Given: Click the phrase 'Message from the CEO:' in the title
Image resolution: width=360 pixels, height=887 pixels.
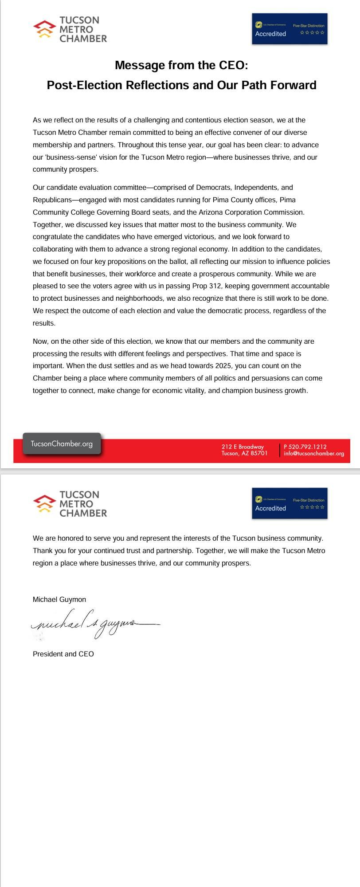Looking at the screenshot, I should tap(181, 65).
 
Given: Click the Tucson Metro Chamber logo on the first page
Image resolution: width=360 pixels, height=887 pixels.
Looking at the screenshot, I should tap(70, 29).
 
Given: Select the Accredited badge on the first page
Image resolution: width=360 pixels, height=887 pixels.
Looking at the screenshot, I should tap(290, 29).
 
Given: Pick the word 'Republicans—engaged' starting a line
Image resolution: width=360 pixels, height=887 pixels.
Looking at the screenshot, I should tap(66, 200).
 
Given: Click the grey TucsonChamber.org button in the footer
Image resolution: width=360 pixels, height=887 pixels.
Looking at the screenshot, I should tap(62, 443).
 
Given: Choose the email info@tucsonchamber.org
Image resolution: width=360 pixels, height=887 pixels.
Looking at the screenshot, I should tap(314, 454).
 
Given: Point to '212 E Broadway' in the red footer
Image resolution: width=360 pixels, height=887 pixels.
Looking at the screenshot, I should tap(243, 447).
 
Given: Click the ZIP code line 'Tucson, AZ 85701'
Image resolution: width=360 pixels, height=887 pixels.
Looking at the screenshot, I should tap(244, 453).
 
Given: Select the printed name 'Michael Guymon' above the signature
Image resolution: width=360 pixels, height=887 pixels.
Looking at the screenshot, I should tap(59, 600).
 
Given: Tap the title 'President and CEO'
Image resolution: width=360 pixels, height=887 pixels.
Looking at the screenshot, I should tap(63, 654).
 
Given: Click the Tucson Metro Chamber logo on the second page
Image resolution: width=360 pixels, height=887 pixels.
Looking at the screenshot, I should tap(70, 504).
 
